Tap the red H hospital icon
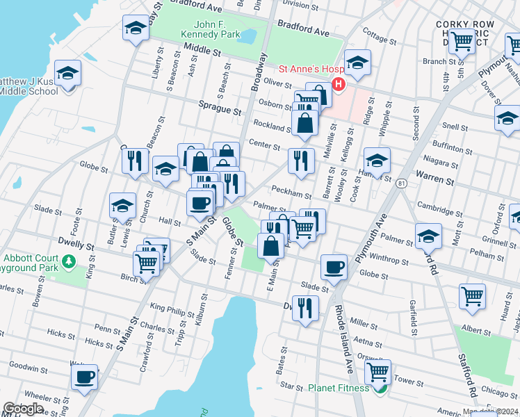coord(339,85)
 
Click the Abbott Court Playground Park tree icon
coord(68,262)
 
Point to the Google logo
coord(23,409)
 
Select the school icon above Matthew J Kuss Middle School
coord(68,73)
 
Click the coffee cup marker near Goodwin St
coord(85,377)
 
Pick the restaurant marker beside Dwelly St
coord(304,307)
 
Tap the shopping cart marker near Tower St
coord(377,372)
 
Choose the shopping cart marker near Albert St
coord(472,296)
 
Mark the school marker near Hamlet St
coord(377,162)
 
